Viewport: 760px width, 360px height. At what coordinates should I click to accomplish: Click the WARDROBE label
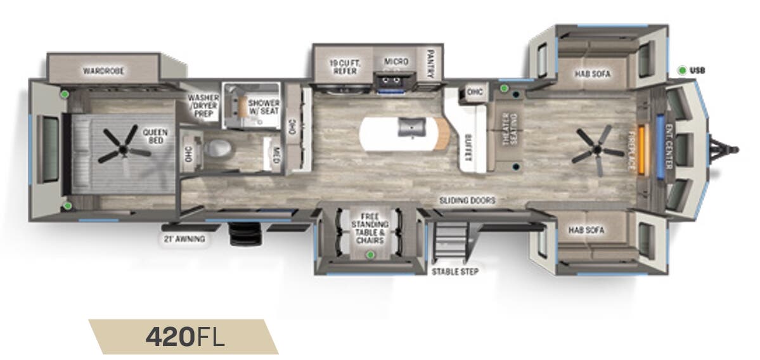[103, 70]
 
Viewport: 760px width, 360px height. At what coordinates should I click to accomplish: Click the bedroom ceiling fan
[119, 143]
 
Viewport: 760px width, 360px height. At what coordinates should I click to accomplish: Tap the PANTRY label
[430, 64]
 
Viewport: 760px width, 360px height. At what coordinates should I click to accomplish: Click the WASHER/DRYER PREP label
[203, 105]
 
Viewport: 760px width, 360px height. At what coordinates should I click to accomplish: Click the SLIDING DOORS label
[468, 200]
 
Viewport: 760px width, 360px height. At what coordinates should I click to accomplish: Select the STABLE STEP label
[454, 272]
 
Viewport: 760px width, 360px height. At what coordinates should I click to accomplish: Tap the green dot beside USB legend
[681, 70]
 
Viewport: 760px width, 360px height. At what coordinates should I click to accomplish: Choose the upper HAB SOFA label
[593, 74]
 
